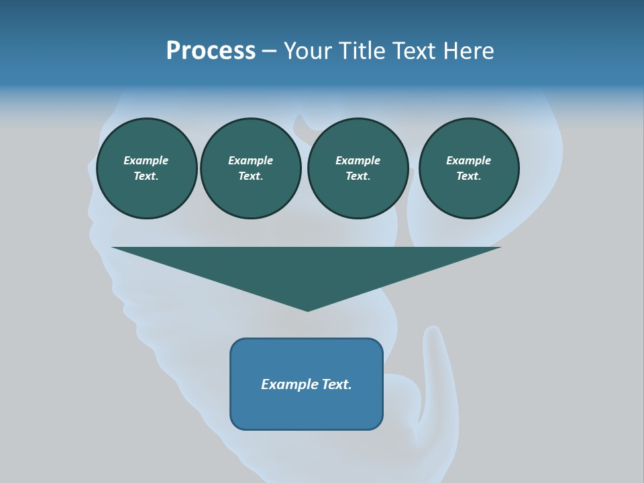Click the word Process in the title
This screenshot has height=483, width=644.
[x=211, y=51]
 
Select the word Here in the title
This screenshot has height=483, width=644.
[x=468, y=51]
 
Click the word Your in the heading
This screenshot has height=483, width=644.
[x=307, y=51]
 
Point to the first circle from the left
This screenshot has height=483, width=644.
[x=146, y=168]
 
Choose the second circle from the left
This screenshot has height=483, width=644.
[x=250, y=168]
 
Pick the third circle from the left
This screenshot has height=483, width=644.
[x=358, y=168]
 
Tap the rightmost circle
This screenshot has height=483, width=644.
[x=468, y=168]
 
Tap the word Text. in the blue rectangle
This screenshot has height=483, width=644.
[x=336, y=384]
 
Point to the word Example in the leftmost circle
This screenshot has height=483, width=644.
[x=146, y=160]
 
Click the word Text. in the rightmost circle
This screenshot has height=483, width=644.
[x=468, y=176]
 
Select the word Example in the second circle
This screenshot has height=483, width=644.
[x=250, y=160]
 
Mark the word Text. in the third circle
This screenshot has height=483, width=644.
[x=358, y=176]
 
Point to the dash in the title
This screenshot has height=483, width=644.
[x=269, y=52]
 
